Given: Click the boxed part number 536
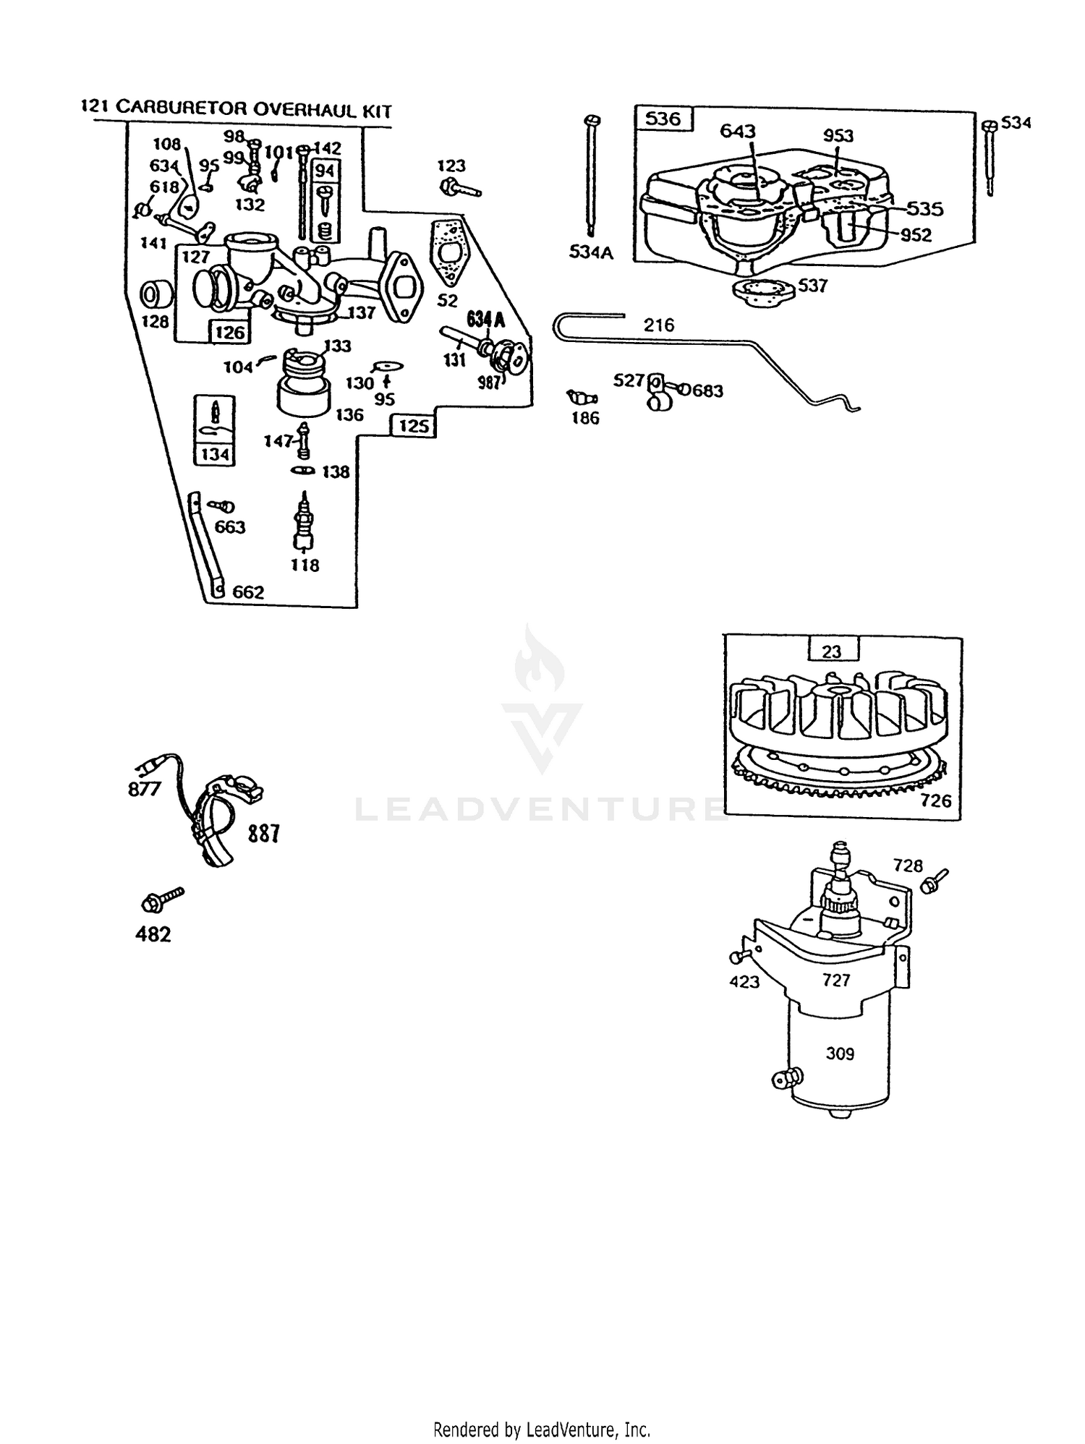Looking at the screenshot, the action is [x=663, y=118].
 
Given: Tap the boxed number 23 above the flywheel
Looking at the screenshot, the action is [x=832, y=651].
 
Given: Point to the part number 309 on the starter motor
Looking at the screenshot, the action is [x=840, y=1054].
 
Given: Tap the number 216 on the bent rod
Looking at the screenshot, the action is [x=659, y=325].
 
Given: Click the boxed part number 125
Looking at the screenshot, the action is [x=414, y=426].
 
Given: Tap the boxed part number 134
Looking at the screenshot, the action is [x=215, y=454].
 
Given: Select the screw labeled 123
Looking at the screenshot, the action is [x=460, y=188].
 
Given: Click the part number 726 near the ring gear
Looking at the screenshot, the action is [x=936, y=800].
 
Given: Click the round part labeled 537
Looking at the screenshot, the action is [x=761, y=293].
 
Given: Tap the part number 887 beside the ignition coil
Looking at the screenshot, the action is [x=263, y=834].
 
